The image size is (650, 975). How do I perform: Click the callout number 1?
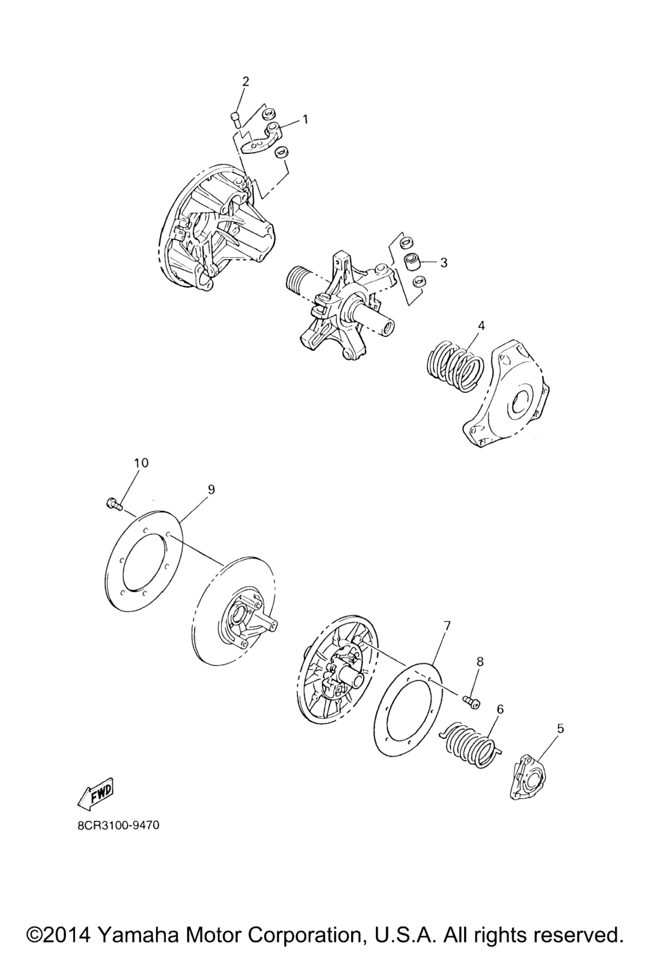[305, 119]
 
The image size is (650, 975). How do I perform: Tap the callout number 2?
[246, 81]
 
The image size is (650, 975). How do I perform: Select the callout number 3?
[443, 262]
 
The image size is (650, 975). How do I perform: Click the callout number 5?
[560, 728]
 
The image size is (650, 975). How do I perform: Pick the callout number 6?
[500, 710]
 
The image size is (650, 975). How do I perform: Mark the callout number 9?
[211, 489]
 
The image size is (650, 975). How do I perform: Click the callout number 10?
[141, 463]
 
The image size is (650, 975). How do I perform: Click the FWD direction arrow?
[96, 792]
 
